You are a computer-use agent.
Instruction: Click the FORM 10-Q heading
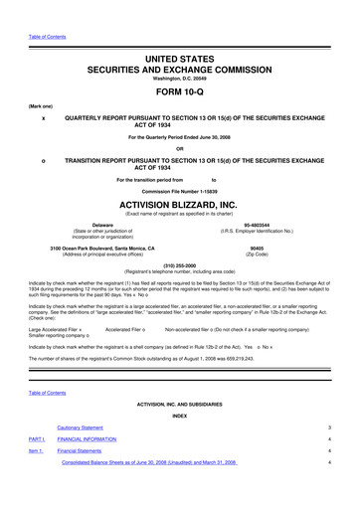[x=179, y=81]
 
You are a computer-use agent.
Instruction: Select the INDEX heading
[x=179, y=414]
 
